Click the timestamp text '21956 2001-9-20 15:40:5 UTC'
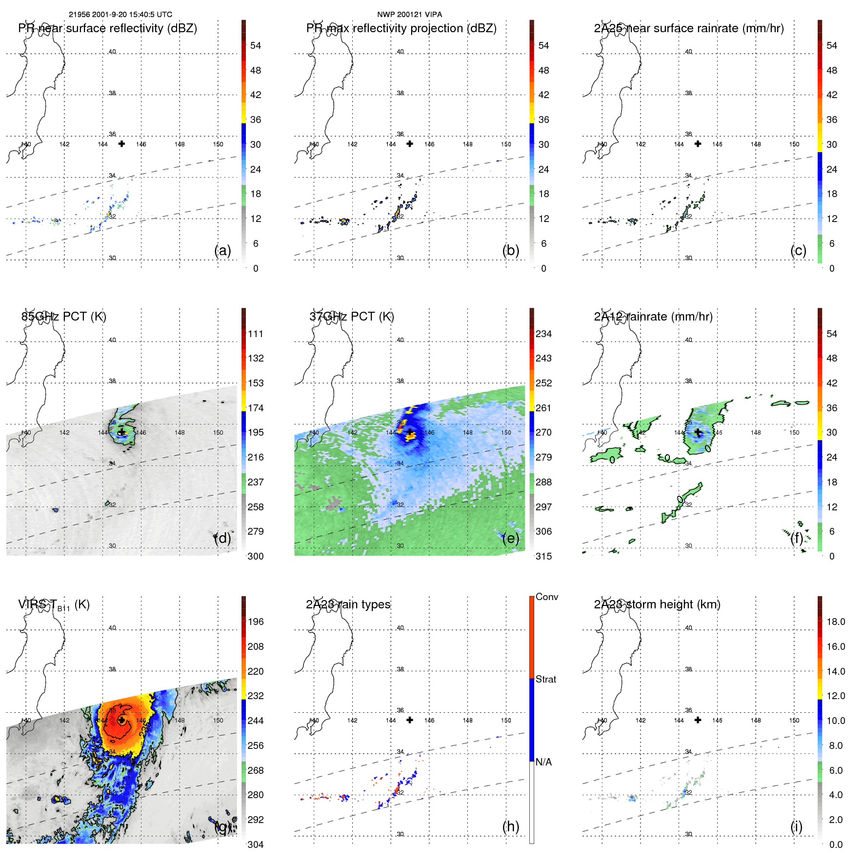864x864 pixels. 120,15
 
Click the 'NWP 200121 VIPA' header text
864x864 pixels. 409,15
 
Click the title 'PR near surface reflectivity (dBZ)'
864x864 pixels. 107,28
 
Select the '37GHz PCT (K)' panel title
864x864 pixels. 351,317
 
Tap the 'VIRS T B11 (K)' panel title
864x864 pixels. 54,605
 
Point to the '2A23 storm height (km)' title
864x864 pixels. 657,604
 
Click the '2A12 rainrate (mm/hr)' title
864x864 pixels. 653,317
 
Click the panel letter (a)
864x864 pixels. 222,251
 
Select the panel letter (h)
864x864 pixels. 510,826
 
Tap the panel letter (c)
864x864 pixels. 798,251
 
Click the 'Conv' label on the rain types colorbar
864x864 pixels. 546,597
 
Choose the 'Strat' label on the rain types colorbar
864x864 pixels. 545,679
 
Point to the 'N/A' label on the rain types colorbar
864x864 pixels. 543,762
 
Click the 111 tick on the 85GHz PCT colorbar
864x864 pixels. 255,334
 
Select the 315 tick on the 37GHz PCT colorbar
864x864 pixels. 543,556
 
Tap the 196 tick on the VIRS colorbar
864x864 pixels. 255,622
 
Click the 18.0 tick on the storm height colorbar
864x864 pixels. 835,622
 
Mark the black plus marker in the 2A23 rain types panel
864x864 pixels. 410,720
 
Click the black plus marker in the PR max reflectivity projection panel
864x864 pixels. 410,144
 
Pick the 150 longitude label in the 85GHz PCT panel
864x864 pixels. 218,433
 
